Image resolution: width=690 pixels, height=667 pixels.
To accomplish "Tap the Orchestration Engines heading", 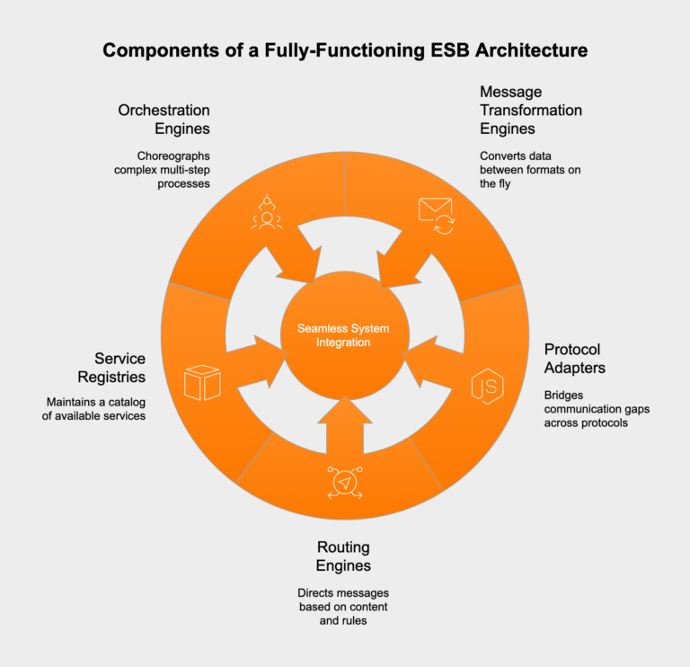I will tap(164, 120).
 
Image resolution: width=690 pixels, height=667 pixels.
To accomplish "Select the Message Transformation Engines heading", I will tap(530, 111).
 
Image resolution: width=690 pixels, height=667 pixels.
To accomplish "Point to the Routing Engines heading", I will tap(343, 556).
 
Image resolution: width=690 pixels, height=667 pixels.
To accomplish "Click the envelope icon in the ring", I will tap(436, 214).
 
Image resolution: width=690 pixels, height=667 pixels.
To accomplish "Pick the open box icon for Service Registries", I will tap(202, 382).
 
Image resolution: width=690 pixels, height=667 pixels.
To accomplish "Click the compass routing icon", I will tap(344, 484).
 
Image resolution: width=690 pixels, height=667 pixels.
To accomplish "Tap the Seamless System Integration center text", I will tap(346, 335).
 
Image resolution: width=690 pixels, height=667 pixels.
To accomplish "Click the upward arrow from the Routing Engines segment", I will tap(344, 426).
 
